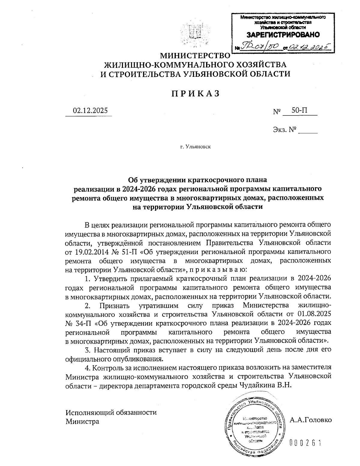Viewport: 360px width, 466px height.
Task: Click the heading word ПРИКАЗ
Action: point(195,94)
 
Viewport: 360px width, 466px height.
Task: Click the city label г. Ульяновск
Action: point(195,147)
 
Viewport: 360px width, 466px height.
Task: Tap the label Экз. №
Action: point(285,130)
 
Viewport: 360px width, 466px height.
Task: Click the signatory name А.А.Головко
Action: point(311,419)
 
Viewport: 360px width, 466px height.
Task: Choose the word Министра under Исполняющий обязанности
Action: point(82,421)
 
